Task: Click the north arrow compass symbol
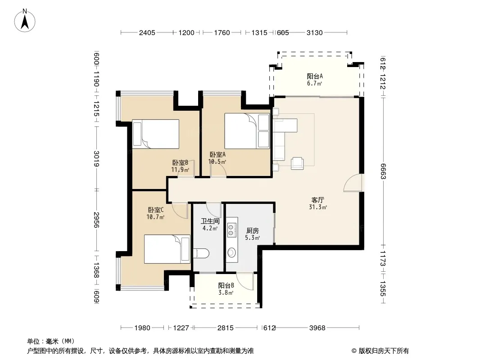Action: (25, 21)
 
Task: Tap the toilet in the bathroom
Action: (201, 253)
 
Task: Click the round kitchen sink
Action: (231, 252)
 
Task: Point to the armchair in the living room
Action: (297, 163)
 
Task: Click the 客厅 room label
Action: (318, 200)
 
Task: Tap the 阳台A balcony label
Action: (315, 76)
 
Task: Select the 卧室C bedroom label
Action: (156, 210)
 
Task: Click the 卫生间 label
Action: (210, 221)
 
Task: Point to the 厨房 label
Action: (253, 230)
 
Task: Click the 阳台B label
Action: (226, 285)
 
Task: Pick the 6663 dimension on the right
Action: (383, 171)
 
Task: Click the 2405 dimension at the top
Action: (147, 33)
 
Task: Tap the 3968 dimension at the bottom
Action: (317, 328)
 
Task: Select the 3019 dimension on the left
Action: (96, 158)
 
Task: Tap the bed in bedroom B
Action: (155, 134)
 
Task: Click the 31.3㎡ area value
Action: (318, 207)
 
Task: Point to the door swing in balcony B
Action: (245, 281)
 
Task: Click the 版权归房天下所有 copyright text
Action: (384, 351)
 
